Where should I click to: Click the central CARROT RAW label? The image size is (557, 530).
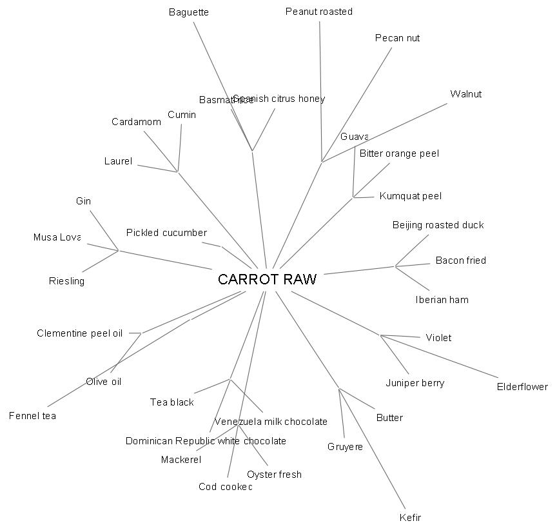tap(267, 279)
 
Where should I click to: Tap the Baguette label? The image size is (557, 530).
tap(189, 12)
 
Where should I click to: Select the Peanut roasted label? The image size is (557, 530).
tap(319, 12)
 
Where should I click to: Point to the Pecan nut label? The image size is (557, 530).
tap(397, 38)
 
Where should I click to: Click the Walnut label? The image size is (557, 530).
tap(465, 94)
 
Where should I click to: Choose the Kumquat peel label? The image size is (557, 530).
tap(410, 196)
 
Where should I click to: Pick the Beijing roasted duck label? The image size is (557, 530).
tap(438, 225)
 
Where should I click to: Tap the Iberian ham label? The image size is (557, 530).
tap(442, 300)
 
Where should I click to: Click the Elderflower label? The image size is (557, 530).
tap(522, 387)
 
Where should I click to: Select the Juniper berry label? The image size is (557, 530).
tap(415, 383)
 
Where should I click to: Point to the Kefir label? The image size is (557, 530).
tap(410, 517)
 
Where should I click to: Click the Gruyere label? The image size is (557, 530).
tap(345, 447)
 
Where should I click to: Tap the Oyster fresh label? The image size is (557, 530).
tap(274, 475)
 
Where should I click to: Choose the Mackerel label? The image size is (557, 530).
tap(181, 460)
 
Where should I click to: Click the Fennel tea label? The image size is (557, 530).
tap(32, 416)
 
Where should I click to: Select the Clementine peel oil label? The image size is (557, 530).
tap(79, 333)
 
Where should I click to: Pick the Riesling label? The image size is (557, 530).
tap(66, 281)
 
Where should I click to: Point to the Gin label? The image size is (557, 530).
tap(83, 201)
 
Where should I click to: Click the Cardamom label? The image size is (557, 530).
tap(136, 122)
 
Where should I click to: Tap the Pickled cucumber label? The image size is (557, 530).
tap(166, 233)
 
